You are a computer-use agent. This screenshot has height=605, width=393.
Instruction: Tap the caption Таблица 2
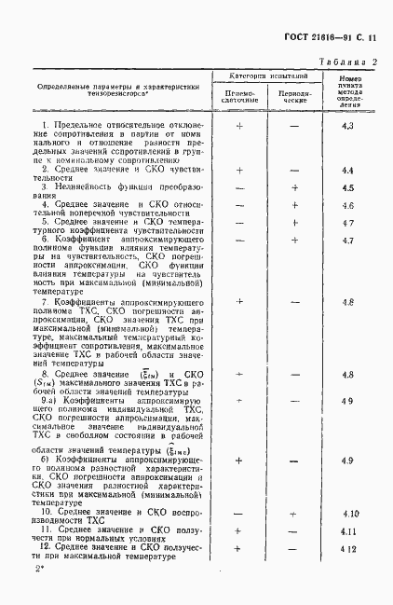[348, 62]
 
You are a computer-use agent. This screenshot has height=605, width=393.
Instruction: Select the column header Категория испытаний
[270, 75]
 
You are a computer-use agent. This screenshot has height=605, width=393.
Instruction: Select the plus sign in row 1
[239, 125]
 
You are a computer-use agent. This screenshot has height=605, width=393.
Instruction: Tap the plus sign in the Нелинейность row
[293, 187]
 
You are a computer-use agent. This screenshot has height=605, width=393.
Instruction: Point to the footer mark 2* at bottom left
[39, 568]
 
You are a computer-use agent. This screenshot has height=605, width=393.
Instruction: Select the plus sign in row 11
[239, 531]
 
